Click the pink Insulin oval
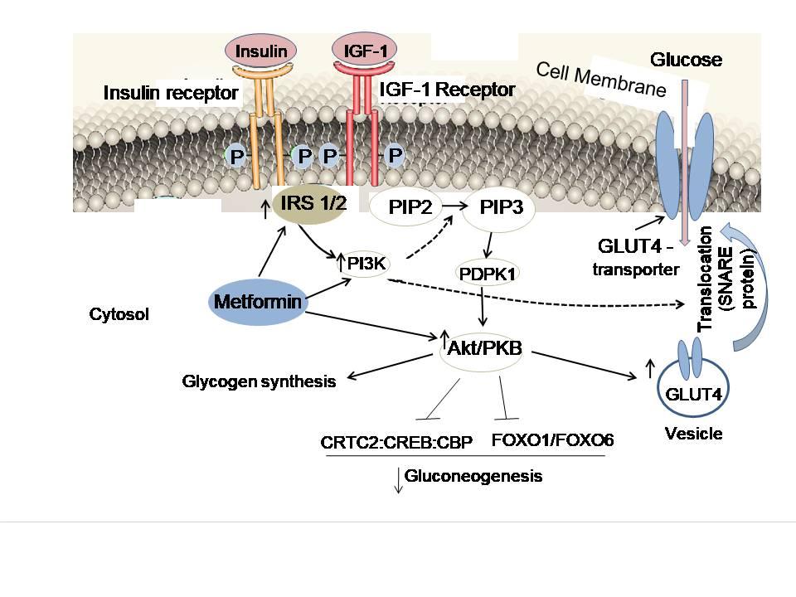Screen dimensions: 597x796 262,51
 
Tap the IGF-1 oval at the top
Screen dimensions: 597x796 365,51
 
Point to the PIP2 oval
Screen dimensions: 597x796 410,207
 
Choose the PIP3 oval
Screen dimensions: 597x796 501,207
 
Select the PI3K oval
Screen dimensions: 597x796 363,264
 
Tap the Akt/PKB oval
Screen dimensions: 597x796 484,348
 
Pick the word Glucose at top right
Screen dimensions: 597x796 686,60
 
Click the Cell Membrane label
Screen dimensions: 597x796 601,79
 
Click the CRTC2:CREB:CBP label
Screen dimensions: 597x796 396,442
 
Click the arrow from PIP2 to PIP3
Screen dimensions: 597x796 453,207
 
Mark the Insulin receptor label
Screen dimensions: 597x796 170,93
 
